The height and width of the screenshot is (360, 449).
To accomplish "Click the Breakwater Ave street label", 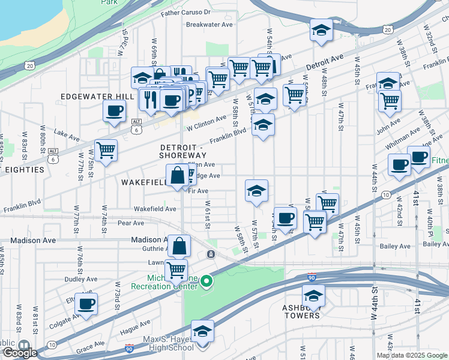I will (x=209, y=25).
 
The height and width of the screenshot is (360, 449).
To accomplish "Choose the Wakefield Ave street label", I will (x=155, y=209).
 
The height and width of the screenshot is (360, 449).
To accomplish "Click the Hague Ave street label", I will (x=134, y=328).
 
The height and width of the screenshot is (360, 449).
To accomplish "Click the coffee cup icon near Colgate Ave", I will (x=88, y=304).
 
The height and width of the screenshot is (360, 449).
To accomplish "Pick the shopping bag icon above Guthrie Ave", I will (x=179, y=245).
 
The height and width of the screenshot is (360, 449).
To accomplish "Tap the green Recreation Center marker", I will (x=206, y=281).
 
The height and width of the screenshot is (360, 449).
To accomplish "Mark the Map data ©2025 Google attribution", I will (x=412, y=355).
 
